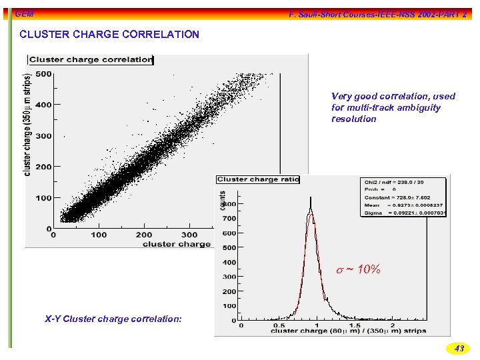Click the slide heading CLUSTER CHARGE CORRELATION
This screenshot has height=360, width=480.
click(x=109, y=34)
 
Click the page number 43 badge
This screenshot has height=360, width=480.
click(x=459, y=348)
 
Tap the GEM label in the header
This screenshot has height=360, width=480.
click(x=25, y=14)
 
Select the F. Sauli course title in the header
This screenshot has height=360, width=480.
click(x=377, y=14)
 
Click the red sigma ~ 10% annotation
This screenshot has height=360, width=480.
click(x=358, y=269)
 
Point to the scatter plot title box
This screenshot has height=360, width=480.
click(x=91, y=59)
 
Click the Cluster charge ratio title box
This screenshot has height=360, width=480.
click(x=257, y=179)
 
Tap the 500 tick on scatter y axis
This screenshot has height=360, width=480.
click(x=43, y=74)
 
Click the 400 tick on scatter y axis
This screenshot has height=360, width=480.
click(x=43, y=105)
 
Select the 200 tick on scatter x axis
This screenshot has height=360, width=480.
click(x=144, y=235)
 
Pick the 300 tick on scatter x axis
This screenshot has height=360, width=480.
click(x=189, y=235)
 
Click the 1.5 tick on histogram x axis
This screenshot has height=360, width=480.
click(x=355, y=326)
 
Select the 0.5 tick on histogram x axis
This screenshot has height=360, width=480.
click(x=279, y=326)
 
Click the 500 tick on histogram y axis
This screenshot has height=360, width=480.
click(x=229, y=247)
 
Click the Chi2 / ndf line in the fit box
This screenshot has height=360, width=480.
click(x=393, y=181)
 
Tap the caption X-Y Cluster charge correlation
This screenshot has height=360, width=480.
click(x=113, y=319)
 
